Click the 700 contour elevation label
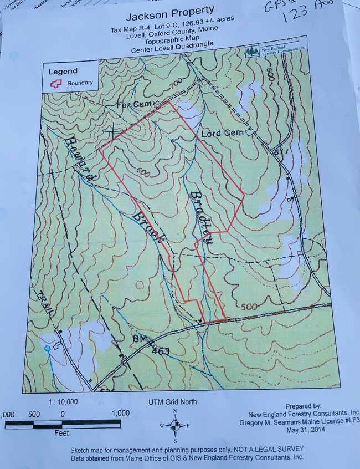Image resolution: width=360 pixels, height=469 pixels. [x=175, y=84]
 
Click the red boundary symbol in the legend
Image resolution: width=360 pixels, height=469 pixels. [x=55, y=83]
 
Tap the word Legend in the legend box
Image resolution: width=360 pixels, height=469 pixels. [x=63, y=71]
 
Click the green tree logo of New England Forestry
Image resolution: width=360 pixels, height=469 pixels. [x=253, y=51]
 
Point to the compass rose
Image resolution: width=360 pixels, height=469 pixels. [x=176, y=426]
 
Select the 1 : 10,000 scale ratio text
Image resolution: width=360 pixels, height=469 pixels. [x=62, y=402]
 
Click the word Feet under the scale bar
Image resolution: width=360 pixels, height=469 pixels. [x=61, y=433]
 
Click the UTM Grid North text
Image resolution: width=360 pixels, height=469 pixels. [x=172, y=402]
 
